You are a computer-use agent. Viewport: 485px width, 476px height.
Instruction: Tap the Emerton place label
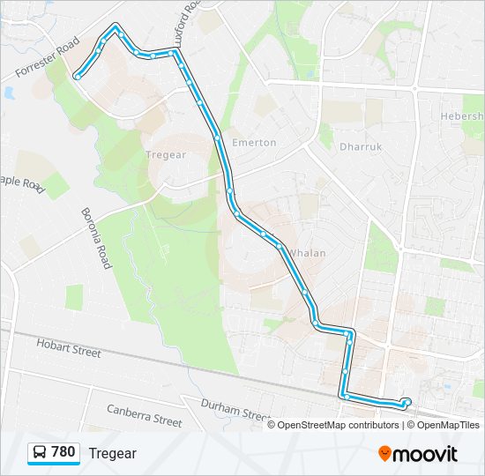254,142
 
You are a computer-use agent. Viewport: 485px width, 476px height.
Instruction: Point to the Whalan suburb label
308,253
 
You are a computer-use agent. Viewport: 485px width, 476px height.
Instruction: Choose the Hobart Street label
69,351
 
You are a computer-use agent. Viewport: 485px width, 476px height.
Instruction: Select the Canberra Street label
144,415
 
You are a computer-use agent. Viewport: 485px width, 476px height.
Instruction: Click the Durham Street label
235,410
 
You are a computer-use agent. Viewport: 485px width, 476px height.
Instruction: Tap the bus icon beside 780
40,452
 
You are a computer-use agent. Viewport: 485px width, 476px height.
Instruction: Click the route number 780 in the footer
63,452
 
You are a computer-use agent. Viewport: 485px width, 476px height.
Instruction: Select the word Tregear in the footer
112,453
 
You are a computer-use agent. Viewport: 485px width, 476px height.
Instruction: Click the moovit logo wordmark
426,454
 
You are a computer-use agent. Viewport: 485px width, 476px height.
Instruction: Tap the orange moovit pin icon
384,453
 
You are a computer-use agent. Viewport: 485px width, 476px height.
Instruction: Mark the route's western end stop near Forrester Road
78,77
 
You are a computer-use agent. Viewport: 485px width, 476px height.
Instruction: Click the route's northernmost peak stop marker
115,27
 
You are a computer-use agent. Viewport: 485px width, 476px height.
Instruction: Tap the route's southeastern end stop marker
407,402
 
